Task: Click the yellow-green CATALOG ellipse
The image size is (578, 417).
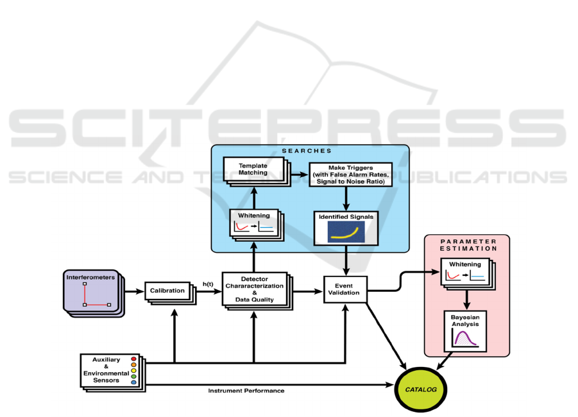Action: point(420,389)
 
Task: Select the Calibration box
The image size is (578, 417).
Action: point(168,291)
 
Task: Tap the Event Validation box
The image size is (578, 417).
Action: point(346,290)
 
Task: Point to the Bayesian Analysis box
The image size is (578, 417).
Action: point(464,330)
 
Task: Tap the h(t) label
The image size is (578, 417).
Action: point(208,284)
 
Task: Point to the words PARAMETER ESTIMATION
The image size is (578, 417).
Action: point(467,246)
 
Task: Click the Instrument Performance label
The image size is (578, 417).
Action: point(246,391)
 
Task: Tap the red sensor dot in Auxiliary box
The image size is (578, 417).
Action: point(133,359)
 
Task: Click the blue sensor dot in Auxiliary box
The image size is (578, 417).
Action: point(133,382)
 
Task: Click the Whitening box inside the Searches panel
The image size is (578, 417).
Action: point(253,222)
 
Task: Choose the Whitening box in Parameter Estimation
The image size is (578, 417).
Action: point(464,272)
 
